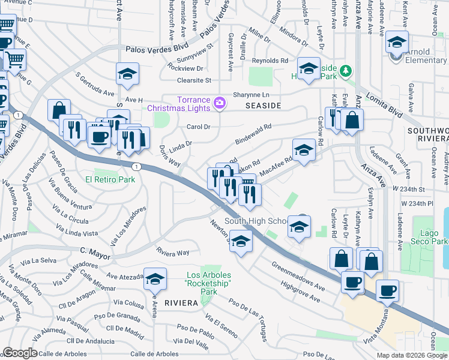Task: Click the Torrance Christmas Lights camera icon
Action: [219, 103]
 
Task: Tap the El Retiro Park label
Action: [110, 179]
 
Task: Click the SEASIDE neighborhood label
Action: [263, 105]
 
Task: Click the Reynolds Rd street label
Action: [270, 61]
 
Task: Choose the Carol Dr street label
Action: [198, 127]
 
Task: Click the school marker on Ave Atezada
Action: [155, 278]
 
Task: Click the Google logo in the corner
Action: [19, 353]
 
